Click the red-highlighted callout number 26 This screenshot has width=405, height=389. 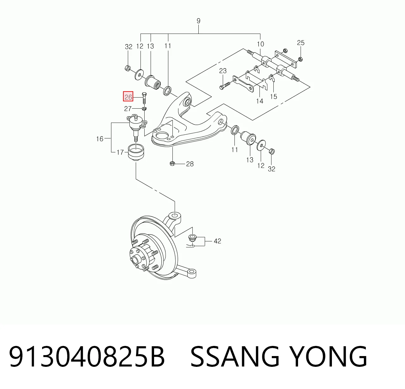click(128, 97)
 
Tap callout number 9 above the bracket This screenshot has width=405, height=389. click(199, 21)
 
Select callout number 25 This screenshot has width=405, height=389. click(301, 43)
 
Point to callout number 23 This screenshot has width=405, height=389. click(223, 71)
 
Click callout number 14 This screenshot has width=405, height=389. click(260, 101)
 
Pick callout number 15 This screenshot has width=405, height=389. click(274, 97)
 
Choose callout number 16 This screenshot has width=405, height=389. click(100, 139)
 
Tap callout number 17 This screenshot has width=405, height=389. click(120, 152)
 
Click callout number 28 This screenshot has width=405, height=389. click(190, 164)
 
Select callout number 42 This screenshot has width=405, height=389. click(217, 241)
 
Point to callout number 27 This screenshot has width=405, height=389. click(128, 109)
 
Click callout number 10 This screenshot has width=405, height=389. click(261, 44)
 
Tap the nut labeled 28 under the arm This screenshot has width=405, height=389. click(172, 164)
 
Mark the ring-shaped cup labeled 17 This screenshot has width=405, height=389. click(136, 152)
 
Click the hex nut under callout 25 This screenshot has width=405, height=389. click(300, 59)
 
